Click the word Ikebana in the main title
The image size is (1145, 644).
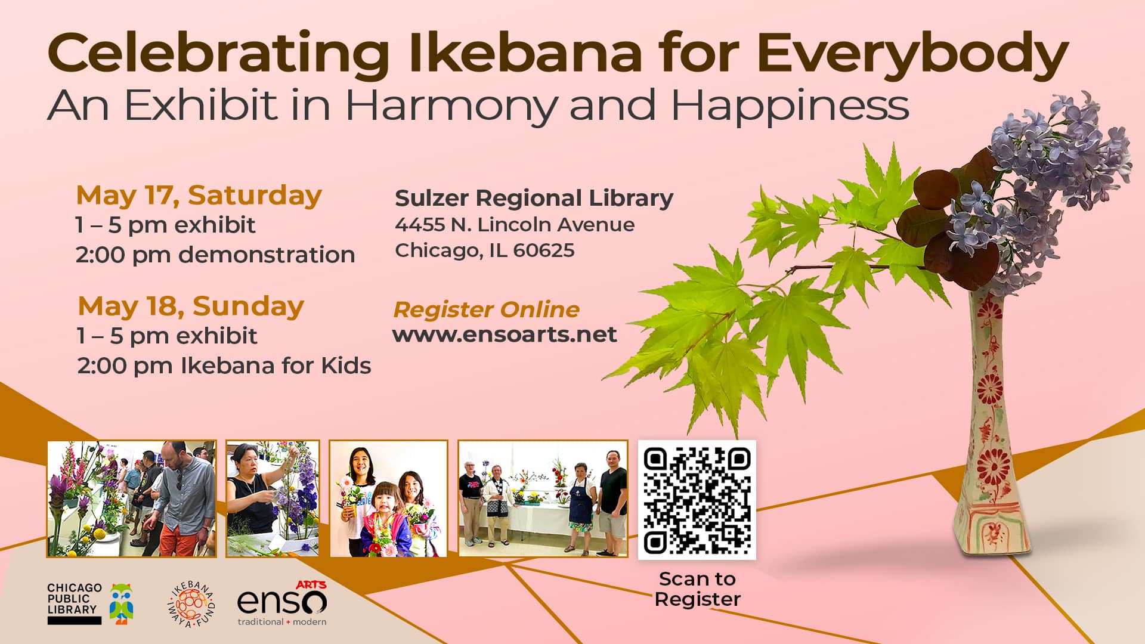coord(525,53)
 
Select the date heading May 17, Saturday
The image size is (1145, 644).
coord(199,196)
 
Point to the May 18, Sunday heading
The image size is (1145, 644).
coord(191,307)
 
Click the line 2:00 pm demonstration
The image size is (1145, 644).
coord(215,255)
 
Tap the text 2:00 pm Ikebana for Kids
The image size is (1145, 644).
coord(224,366)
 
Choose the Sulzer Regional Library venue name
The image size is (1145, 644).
coord(534,199)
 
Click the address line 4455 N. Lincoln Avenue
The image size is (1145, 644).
coord(515,224)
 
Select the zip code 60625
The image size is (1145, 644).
coord(543,250)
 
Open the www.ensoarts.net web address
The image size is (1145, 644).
coord(505,334)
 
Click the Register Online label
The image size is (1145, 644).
coord(486,309)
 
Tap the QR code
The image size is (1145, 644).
coord(697,500)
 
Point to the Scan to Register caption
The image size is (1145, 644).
coord(697,589)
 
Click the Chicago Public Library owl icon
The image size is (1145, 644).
coord(122,603)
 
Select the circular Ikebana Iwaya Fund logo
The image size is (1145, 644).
coord(191,605)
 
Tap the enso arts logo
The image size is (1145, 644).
coord(282,603)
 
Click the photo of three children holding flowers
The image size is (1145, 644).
coord(388,499)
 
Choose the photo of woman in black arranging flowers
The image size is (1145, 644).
coord(273,499)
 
